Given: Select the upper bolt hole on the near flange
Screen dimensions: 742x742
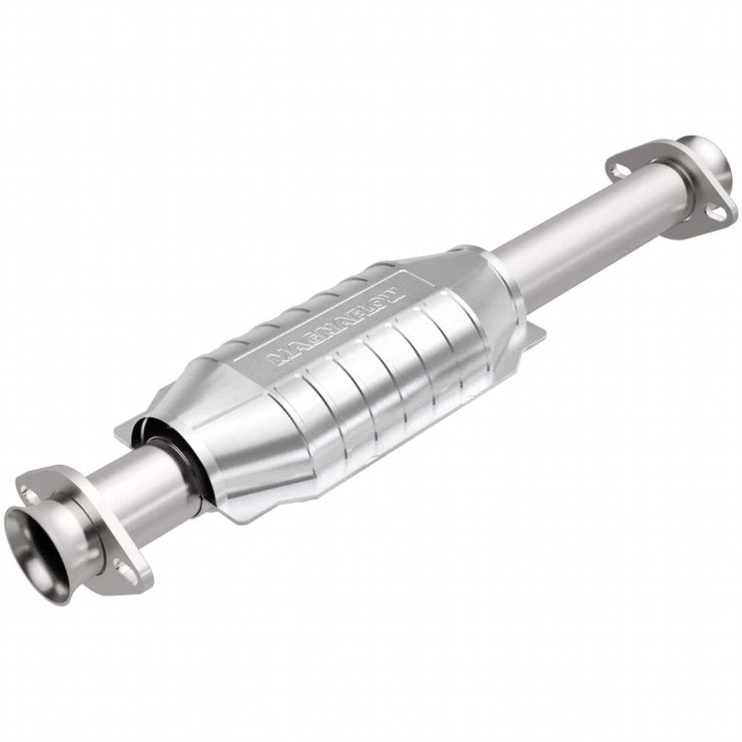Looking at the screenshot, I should [30, 493].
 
